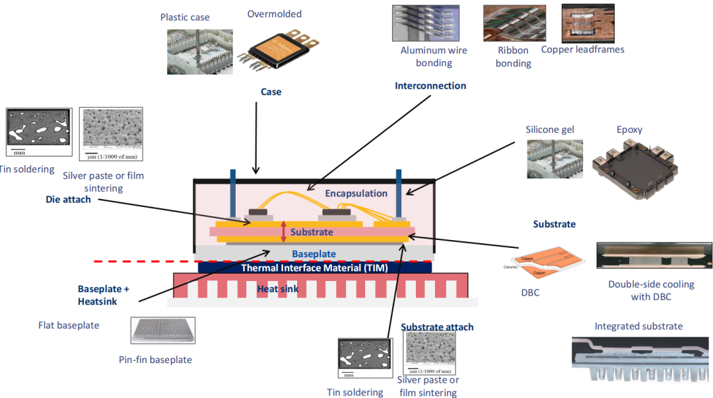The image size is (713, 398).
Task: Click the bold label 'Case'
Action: [x=271, y=92]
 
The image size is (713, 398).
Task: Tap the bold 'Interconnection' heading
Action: [x=430, y=86]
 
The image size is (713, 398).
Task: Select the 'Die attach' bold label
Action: [x=68, y=199]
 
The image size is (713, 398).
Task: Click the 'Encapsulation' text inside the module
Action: [x=356, y=193]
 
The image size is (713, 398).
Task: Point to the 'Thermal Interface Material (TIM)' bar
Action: [x=314, y=268]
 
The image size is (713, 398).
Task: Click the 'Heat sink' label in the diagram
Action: [x=277, y=289]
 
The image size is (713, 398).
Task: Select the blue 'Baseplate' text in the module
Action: [x=314, y=254]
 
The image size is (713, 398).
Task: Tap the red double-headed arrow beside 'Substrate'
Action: [x=283, y=231]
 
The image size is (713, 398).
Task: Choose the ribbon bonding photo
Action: [x=513, y=24]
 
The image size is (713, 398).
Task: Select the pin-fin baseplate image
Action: [x=162, y=331]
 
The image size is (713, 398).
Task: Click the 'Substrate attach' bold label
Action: [x=437, y=327]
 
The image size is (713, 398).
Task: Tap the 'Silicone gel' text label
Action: [x=550, y=130]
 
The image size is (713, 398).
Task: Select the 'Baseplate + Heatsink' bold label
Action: [x=104, y=295]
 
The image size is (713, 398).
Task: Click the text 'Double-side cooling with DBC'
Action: [x=651, y=290]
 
